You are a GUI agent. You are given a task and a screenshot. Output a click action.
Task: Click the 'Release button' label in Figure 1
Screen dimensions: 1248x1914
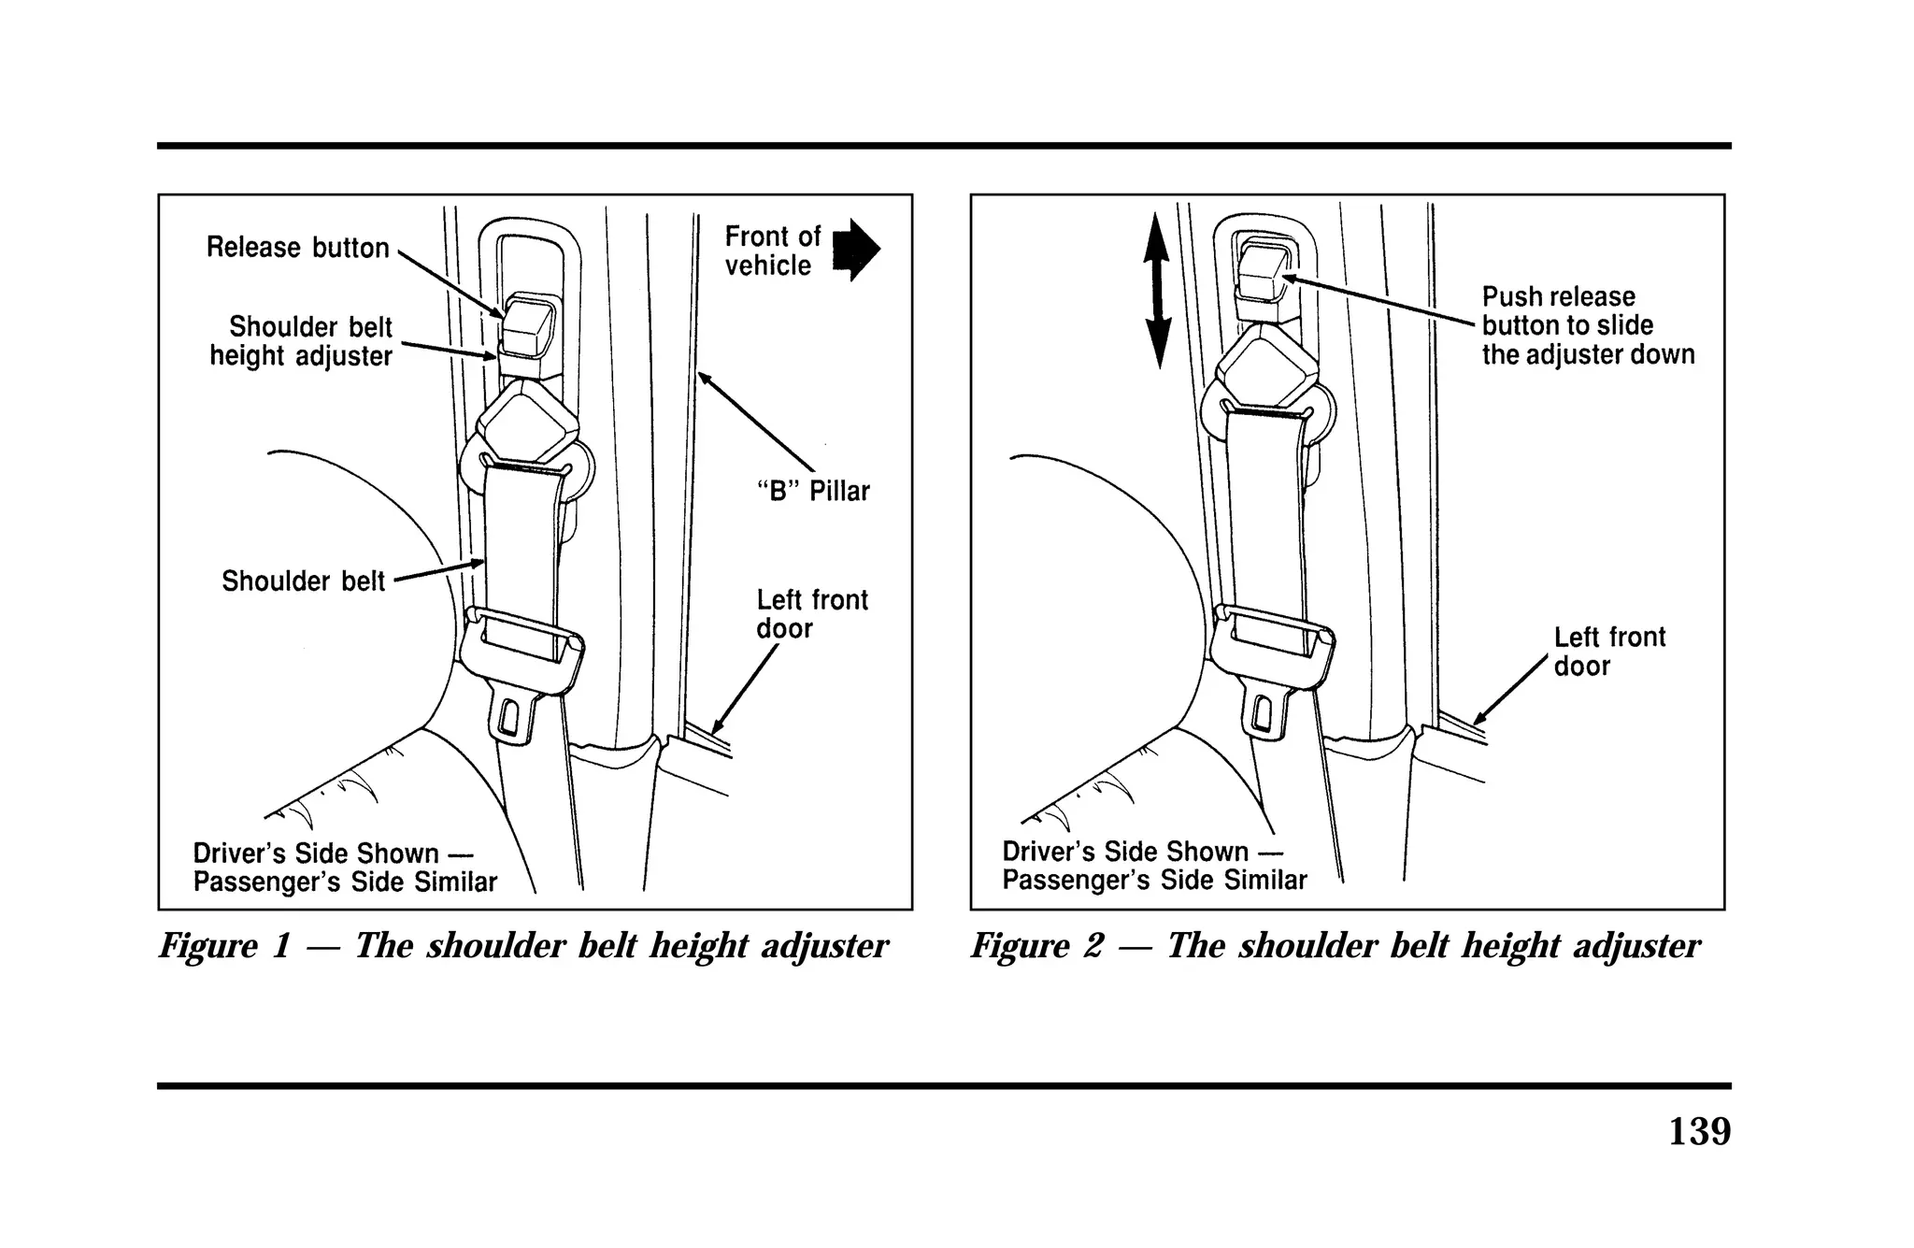[x=297, y=248]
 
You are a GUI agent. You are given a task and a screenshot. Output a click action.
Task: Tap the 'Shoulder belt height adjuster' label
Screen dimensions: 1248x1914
[x=301, y=341]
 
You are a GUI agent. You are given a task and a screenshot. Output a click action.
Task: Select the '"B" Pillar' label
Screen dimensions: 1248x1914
[x=812, y=491]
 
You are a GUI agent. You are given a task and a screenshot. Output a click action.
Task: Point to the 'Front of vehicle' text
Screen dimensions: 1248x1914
[x=772, y=251]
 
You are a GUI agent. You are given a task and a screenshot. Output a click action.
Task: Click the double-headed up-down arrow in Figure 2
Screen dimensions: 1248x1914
[x=1157, y=290]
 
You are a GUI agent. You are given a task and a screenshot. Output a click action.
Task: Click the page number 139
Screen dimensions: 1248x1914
[x=1699, y=1131]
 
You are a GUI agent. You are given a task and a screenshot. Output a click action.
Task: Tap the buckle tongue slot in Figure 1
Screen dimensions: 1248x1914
[x=510, y=718]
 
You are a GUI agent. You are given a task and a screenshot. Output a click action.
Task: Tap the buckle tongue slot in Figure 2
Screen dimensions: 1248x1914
[x=1263, y=714]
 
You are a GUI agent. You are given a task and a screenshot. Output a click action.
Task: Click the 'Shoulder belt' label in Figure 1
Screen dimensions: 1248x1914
[x=303, y=581]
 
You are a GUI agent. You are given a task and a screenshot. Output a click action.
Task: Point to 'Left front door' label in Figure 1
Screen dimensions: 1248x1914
[x=811, y=614]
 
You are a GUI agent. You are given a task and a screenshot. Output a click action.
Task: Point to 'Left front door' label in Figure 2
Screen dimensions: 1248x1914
[x=1608, y=652]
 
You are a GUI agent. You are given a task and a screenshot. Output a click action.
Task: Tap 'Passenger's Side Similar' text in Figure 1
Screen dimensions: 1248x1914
[x=345, y=882]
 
